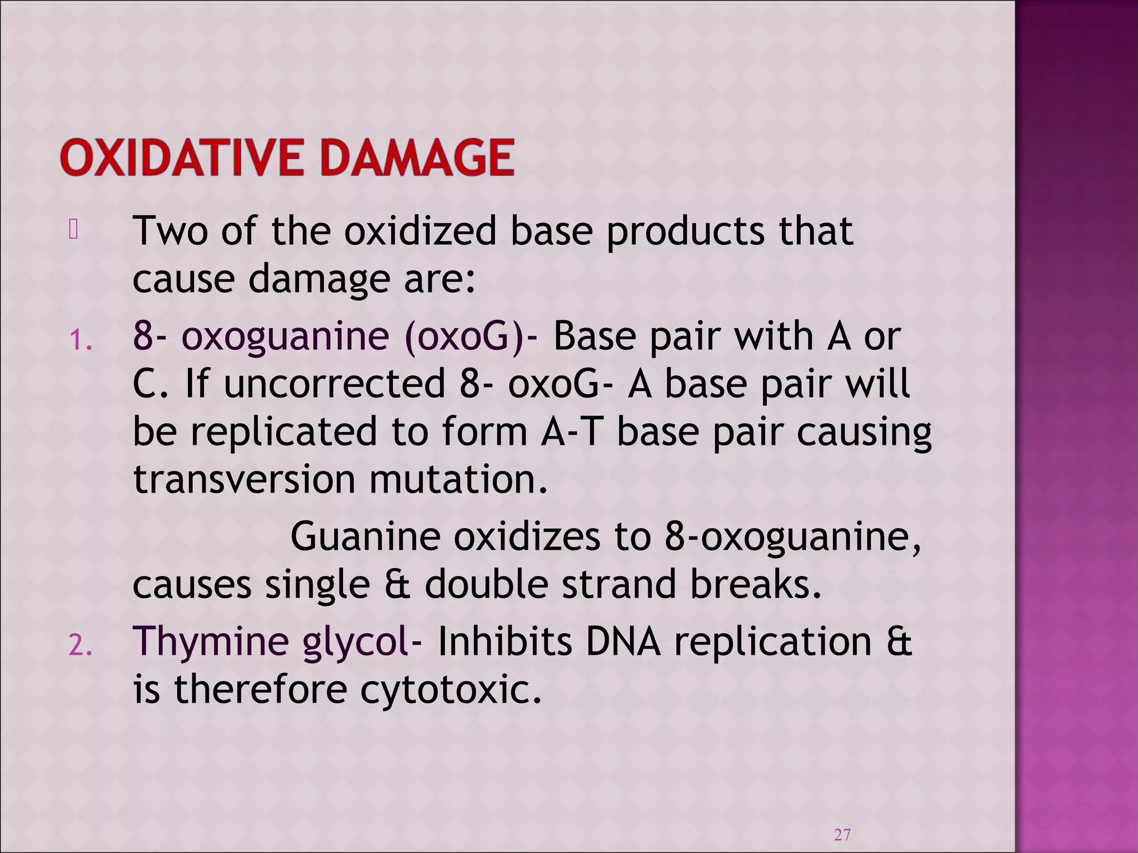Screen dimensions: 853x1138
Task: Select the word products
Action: coord(685,232)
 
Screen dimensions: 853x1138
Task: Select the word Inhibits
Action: coord(504,641)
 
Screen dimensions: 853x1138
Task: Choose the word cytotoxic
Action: coord(451,689)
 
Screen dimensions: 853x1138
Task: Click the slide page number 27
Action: coord(842,834)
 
